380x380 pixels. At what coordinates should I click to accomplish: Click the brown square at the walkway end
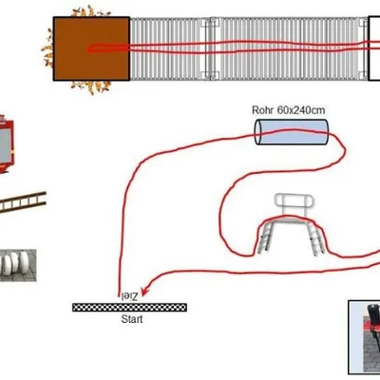tap(91, 48)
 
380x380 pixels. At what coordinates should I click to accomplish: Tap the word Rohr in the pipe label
tap(263, 110)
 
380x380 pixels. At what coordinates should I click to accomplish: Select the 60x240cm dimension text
tap(301, 110)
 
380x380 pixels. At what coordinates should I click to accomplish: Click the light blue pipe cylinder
tap(292, 132)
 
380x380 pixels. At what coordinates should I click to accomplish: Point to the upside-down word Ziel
tap(129, 296)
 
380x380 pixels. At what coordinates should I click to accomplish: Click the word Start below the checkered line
tap(132, 319)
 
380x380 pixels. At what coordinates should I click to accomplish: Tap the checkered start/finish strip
tap(129, 307)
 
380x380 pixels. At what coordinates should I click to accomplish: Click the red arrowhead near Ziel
tap(145, 292)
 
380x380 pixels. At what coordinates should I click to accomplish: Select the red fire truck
tap(7, 144)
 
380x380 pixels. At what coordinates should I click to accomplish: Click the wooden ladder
tap(23, 202)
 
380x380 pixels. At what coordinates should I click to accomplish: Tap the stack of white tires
tap(18, 265)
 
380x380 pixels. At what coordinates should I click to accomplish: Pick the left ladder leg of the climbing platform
tap(265, 237)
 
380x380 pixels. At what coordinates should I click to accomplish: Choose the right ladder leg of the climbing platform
tap(316, 237)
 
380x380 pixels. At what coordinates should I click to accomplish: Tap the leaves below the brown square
tap(91, 87)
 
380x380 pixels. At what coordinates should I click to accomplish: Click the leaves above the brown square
tap(90, 11)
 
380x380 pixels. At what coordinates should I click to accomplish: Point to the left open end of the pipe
tap(258, 132)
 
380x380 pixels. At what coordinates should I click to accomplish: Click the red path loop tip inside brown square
tap(88, 49)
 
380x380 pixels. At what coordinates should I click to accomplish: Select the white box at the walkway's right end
tap(374, 48)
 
